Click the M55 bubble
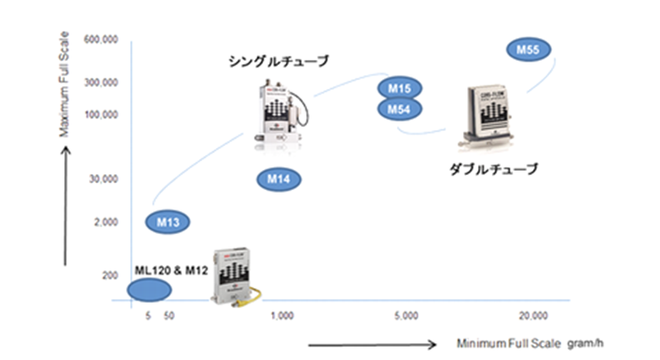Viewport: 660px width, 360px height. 528,50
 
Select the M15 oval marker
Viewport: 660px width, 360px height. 400,88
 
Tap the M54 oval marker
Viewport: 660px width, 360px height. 400,108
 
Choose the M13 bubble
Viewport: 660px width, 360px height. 168,222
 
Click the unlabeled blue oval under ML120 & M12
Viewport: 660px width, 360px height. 150,289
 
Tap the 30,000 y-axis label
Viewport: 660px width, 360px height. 102,180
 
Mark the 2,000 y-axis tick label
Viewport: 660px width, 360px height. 106,222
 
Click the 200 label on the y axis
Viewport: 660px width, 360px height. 109,276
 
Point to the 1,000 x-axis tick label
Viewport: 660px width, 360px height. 282,314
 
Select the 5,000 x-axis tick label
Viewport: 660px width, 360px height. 405,314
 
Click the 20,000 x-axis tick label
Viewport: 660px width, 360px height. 533,314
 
